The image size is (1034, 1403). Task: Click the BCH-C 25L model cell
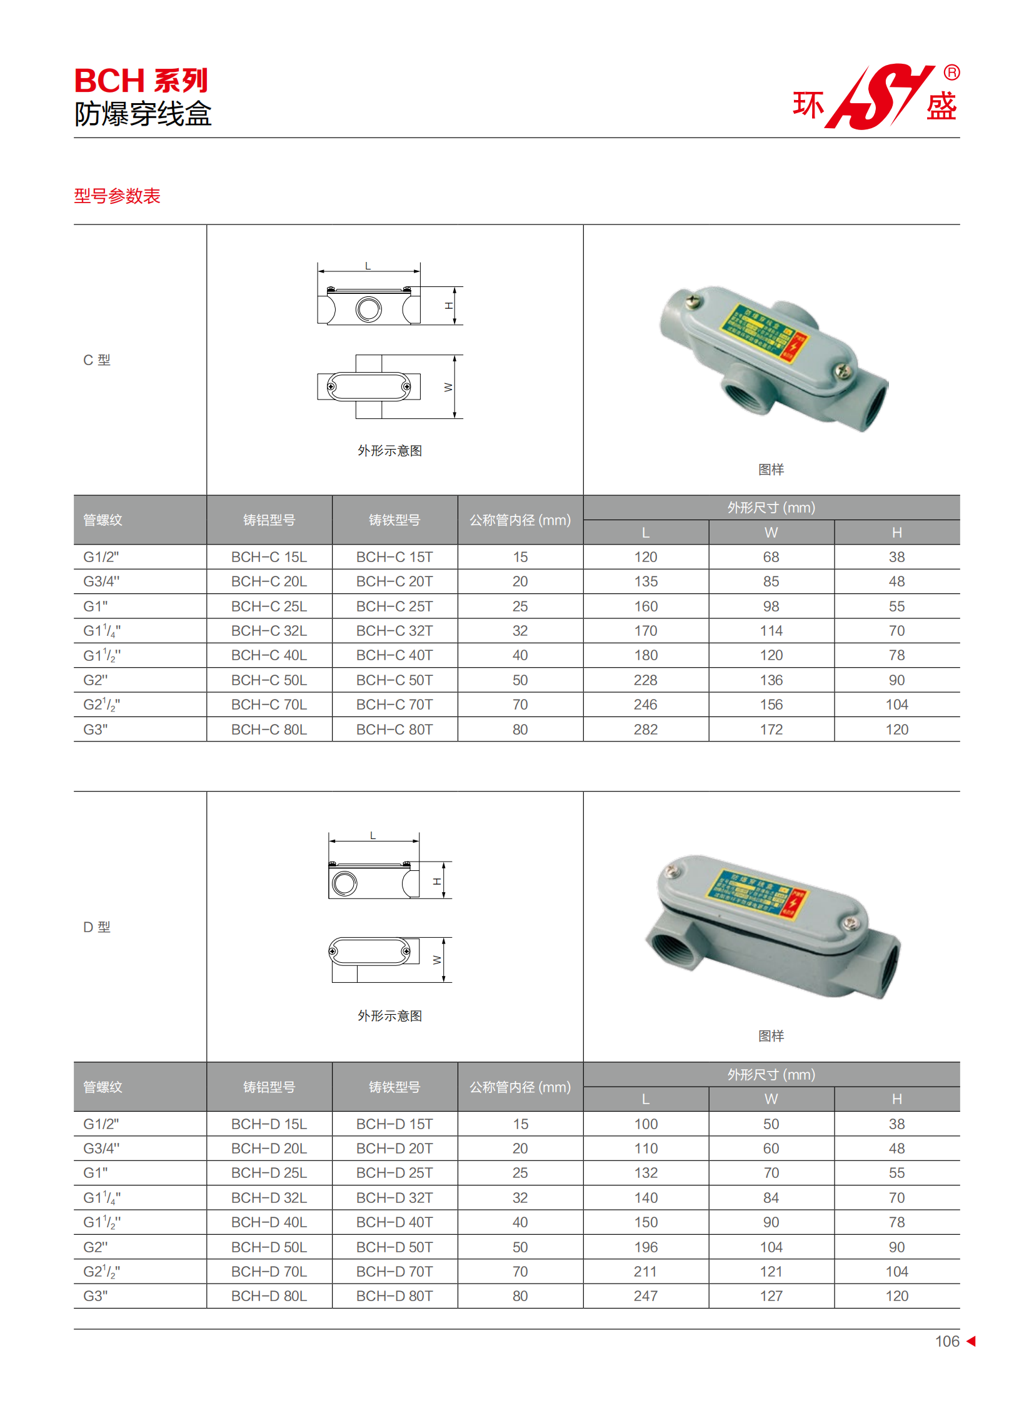click(x=269, y=606)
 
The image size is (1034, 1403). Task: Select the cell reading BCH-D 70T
click(x=394, y=1271)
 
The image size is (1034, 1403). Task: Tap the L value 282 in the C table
click(x=645, y=730)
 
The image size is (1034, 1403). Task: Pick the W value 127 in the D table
click(x=771, y=1295)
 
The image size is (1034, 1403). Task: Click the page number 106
click(x=946, y=1341)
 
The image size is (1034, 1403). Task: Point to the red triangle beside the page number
click(x=971, y=1341)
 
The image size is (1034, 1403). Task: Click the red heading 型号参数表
click(x=117, y=196)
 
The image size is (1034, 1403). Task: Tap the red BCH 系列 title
click(x=141, y=81)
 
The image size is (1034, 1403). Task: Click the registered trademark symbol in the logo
click(x=951, y=73)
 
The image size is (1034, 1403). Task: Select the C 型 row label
click(x=97, y=360)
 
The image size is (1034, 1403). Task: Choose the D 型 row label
click(x=97, y=927)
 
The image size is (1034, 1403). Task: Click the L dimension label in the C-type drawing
click(x=368, y=266)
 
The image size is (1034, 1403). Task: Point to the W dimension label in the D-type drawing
click(x=437, y=960)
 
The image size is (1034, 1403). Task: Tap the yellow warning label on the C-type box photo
click(x=763, y=333)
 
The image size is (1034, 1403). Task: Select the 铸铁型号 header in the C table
click(x=394, y=520)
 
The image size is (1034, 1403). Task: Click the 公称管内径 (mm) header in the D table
click(x=520, y=1087)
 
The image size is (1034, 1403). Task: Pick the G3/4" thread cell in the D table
click(x=101, y=1148)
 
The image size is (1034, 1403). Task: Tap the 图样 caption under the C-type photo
click(x=770, y=470)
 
